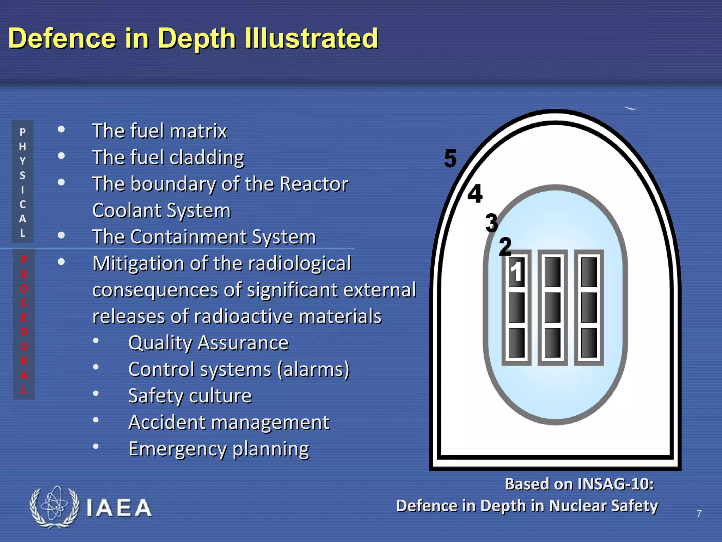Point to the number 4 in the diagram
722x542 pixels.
(x=475, y=194)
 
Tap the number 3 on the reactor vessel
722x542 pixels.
(x=491, y=223)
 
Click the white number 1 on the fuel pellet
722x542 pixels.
(x=516, y=272)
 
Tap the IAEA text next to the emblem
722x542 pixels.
(x=119, y=508)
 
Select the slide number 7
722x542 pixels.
(x=699, y=513)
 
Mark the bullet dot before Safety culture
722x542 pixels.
(x=96, y=393)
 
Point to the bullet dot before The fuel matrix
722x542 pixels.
(x=61, y=129)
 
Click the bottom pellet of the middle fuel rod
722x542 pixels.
(x=552, y=343)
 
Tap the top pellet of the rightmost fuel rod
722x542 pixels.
(x=589, y=272)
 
